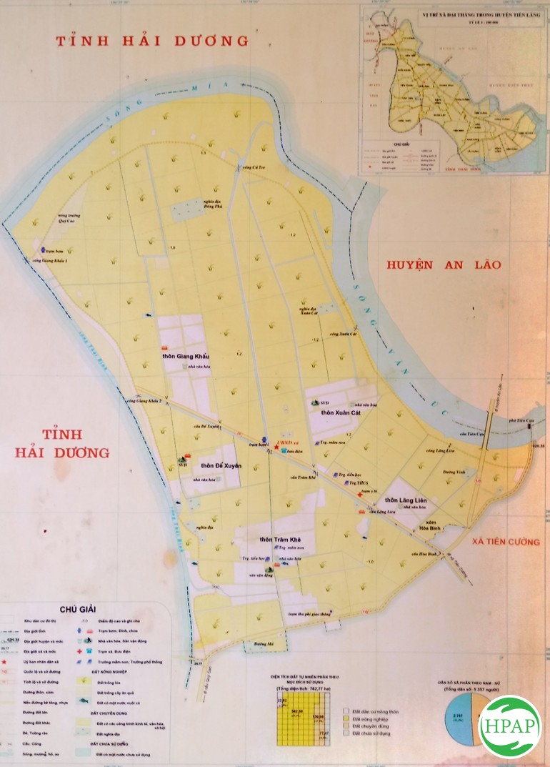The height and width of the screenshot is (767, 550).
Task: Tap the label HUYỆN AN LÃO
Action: pyautogui.click(x=444, y=264)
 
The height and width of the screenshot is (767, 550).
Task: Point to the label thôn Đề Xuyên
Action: pyautogui.click(x=221, y=465)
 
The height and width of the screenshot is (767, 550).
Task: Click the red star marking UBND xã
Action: pyautogui.click(x=276, y=445)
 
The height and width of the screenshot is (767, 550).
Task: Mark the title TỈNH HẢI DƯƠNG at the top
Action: pyautogui.click(x=153, y=41)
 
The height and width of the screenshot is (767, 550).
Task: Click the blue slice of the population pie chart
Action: pyautogui.click(x=461, y=722)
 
